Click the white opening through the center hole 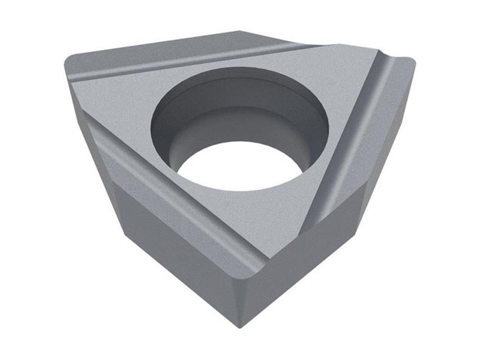[240, 167]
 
